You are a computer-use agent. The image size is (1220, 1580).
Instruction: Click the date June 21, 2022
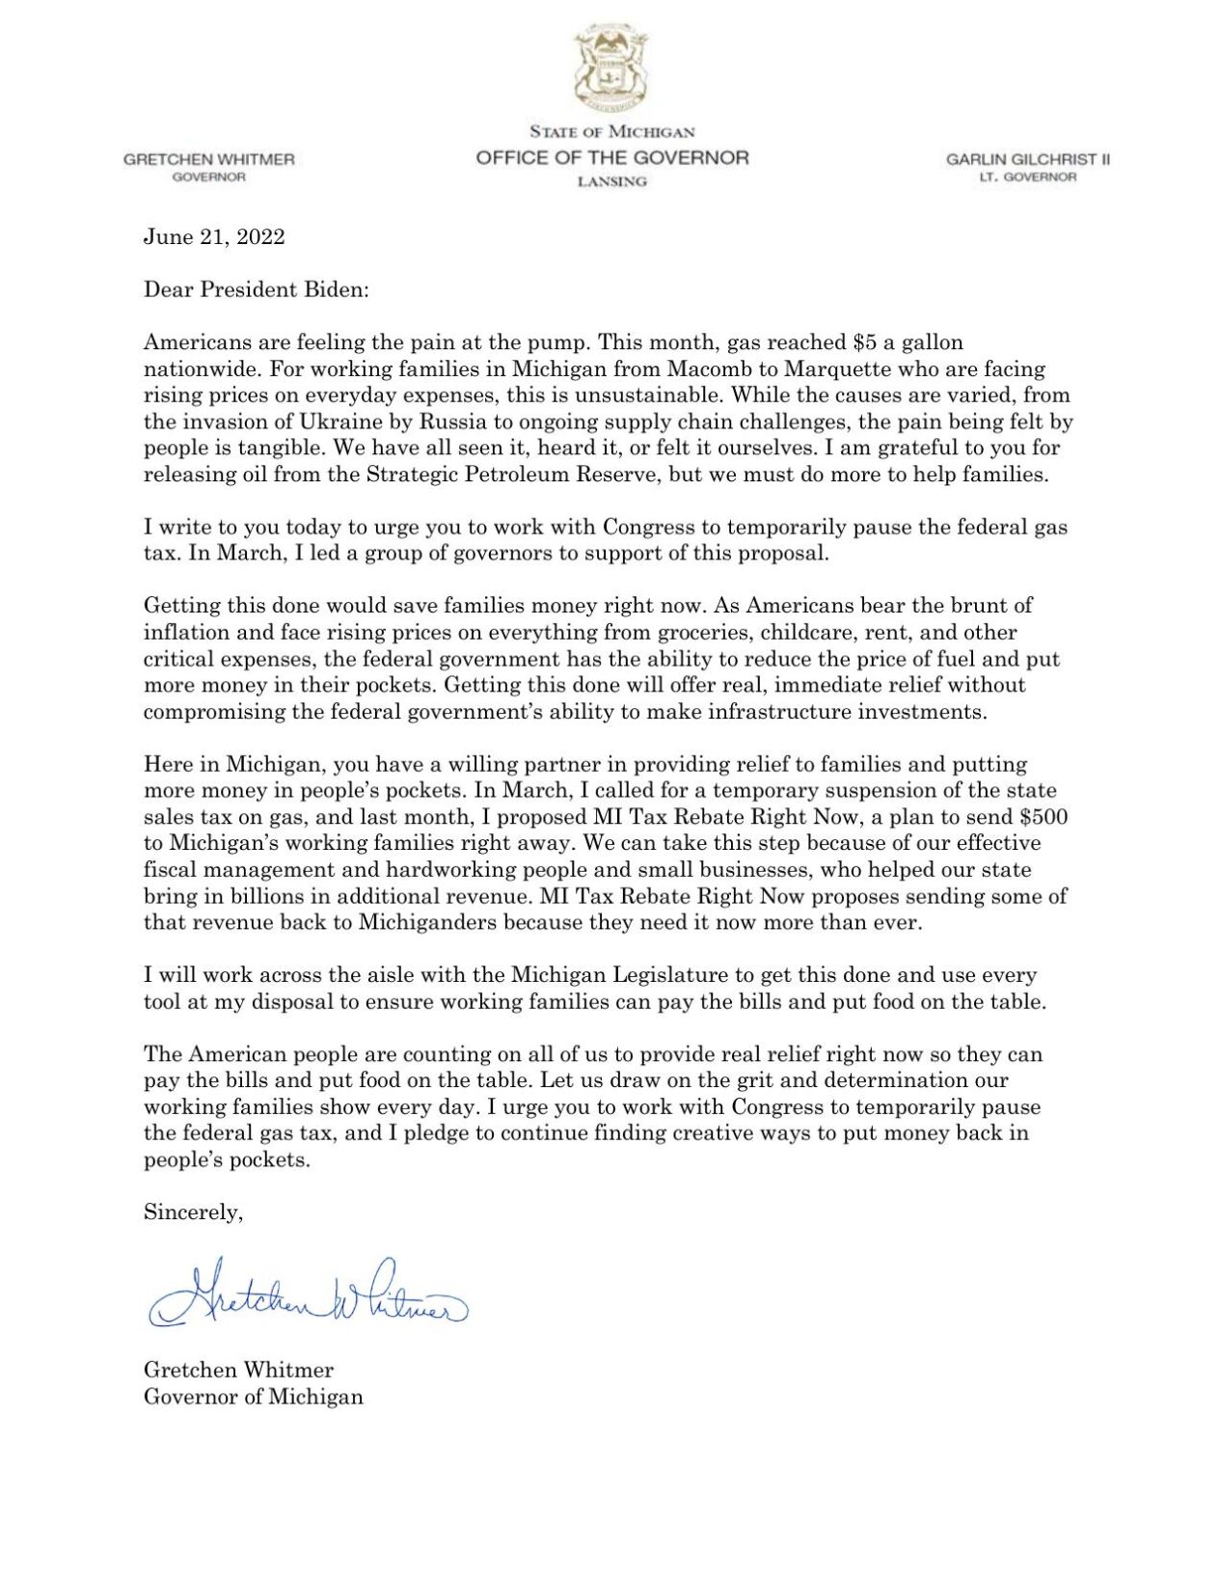click(x=214, y=237)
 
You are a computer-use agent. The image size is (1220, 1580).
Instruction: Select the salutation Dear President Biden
click(x=256, y=289)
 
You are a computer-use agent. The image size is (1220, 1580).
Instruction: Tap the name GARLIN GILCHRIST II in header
click(x=1027, y=159)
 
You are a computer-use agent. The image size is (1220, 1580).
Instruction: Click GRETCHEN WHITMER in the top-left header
click(x=208, y=159)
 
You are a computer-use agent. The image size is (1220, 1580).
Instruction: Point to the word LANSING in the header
click(x=611, y=182)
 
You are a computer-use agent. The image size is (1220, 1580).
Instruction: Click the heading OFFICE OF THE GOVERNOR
click(x=611, y=157)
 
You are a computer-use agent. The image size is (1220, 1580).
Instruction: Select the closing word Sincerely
click(x=193, y=1212)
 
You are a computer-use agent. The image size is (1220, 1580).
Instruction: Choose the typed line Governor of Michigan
click(x=254, y=1397)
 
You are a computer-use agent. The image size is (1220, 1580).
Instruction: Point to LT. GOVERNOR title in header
click(x=1027, y=177)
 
